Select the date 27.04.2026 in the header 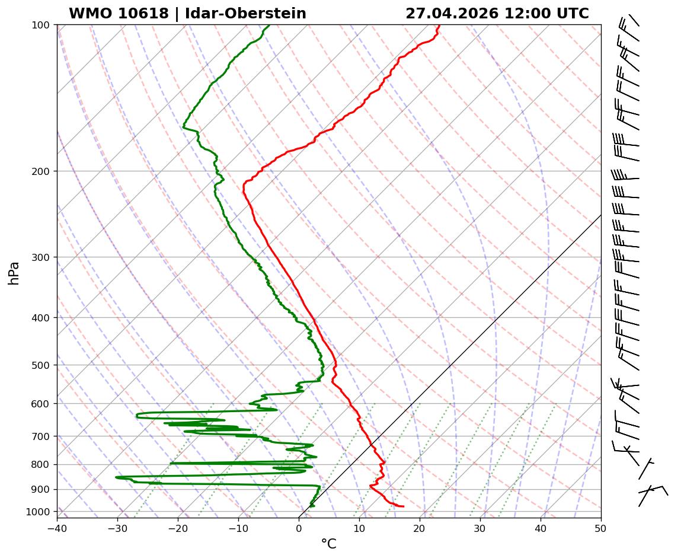pos(452,14)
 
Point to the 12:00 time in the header pos(525,14)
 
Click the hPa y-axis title pos(14,273)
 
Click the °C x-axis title pos(328,544)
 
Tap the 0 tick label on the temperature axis pos(299,526)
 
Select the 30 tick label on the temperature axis pos(480,526)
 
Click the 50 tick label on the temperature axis pos(601,526)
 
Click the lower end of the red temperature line pos(403,506)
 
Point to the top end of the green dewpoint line pos(269,25)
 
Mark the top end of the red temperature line pos(439,25)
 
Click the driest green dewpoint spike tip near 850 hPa pos(116,477)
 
